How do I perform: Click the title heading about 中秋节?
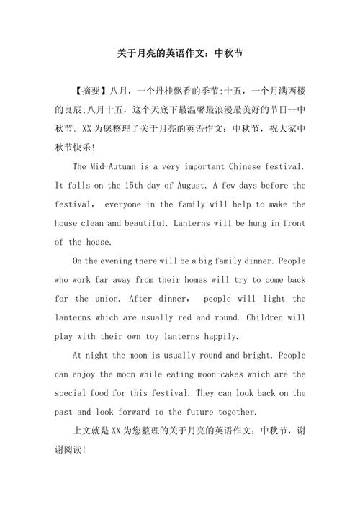pyautogui.click(x=180, y=53)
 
